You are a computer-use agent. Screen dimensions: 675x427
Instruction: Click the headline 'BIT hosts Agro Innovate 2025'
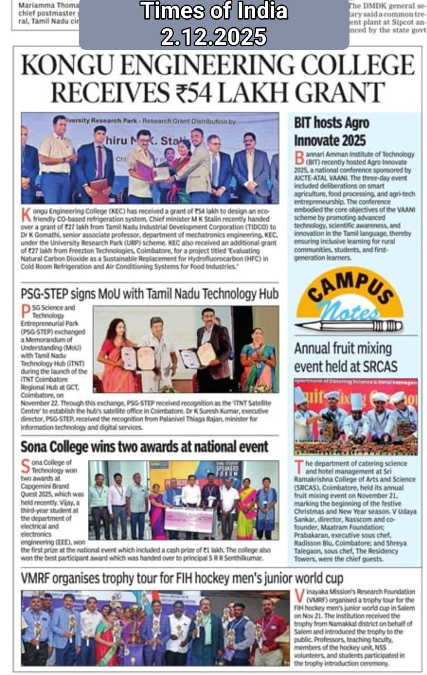tap(332, 131)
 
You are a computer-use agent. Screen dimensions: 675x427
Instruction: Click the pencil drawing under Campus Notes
tap(349, 325)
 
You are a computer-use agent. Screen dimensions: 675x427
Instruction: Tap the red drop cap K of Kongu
tap(26, 214)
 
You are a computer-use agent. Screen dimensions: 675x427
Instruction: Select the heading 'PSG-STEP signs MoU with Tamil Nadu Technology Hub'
tap(150, 293)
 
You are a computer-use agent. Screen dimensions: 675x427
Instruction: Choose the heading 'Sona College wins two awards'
tap(144, 446)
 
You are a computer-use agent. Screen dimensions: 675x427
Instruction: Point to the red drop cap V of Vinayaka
tap(299, 596)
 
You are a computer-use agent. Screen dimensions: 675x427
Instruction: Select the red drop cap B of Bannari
tap(299, 158)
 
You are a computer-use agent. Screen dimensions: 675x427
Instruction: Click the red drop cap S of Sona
tap(26, 466)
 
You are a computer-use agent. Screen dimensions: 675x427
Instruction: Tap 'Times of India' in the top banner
tap(214, 11)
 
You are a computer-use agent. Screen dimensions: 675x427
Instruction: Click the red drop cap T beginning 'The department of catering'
tap(299, 467)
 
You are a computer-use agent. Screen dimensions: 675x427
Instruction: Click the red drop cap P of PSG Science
tap(26, 312)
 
